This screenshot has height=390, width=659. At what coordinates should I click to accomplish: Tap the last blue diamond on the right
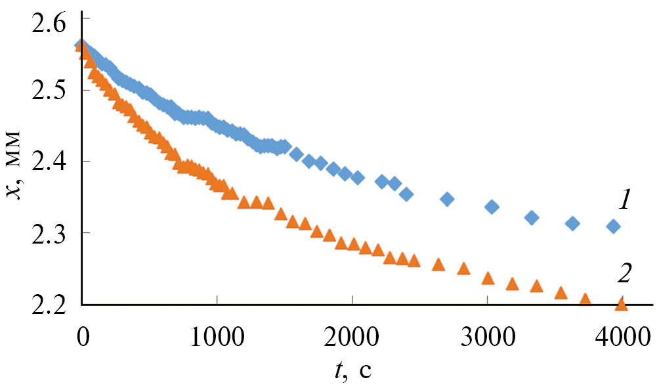point(614,227)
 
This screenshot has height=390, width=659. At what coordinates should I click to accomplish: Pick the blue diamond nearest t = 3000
point(492,207)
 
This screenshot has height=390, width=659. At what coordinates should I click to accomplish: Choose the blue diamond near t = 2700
point(447,199)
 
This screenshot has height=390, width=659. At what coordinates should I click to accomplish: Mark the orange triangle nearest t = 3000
point(488,278)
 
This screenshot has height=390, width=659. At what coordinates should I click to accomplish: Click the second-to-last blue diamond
point(572,224)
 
